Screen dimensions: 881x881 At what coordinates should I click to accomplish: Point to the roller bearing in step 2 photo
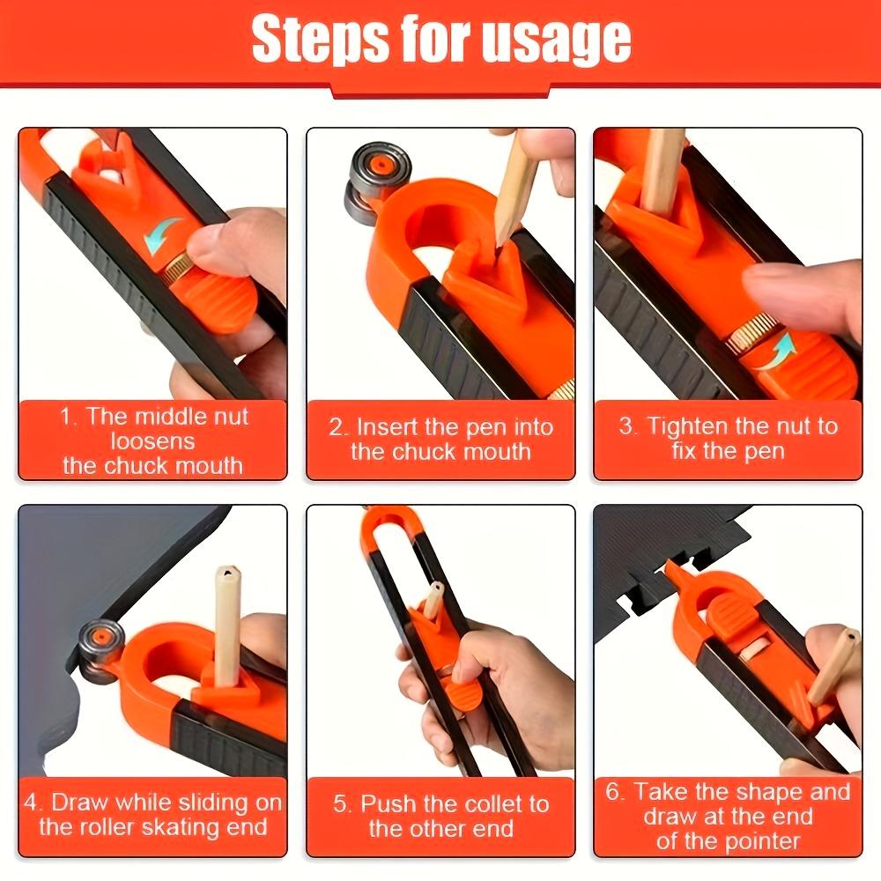pyautogui.click(x=367, y=181)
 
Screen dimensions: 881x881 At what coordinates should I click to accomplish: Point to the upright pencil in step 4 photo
pyautogui.click(x=226, y=626)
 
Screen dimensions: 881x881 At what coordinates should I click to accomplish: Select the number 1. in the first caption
pyautogui.click(x=70, y=417)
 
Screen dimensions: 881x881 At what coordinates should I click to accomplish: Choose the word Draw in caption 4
pyautogui.click(x=81, y=803)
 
